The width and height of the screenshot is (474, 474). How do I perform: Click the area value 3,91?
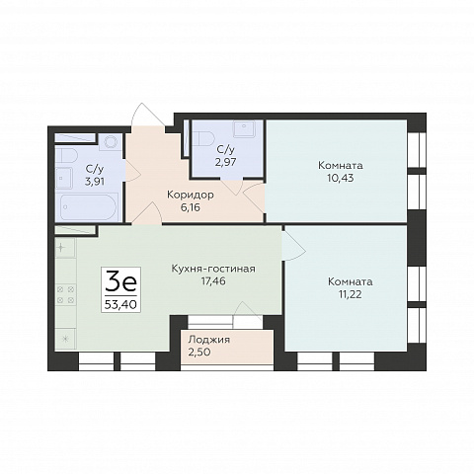coord(95,182)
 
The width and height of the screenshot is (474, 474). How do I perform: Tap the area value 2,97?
coord(225,162)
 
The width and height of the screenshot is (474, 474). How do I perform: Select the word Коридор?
coord(191,195)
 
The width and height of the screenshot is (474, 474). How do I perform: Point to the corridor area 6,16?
coord(191,207)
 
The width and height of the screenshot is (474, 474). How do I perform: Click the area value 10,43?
coord(341,178)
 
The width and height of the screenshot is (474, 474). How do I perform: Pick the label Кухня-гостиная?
coord(213,269)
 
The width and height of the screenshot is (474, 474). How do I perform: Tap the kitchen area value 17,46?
coord(213,281)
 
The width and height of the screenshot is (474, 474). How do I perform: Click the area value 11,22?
coord(351,294)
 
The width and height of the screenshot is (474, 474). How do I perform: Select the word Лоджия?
coord(208,340)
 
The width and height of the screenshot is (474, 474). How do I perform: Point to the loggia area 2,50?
coord(199,352)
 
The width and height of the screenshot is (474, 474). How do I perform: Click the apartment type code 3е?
coord(120,281)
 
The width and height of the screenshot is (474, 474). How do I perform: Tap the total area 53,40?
coord(120,304)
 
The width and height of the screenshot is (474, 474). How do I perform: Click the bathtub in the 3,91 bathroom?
coord(89,207)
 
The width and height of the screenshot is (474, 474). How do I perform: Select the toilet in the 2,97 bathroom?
coord(204,138)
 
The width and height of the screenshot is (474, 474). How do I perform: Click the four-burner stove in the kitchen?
coord(65,295)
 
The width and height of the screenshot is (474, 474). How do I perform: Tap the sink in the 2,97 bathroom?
coord(244,128)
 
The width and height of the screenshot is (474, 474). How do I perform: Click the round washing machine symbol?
coord(111,142)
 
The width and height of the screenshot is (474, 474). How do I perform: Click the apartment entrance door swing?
coord(147,115)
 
